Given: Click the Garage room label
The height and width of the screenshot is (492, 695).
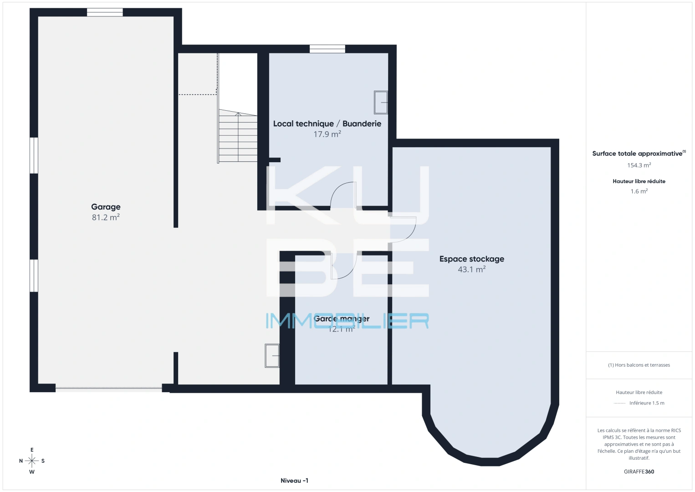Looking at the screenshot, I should [x=106, y=207].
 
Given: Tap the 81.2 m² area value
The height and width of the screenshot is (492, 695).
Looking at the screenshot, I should [x=106, y=217].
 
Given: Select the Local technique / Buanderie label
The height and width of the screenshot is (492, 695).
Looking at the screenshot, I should [x=327, y=123].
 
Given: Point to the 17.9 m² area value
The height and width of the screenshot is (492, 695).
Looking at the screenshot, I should [x=327, y=134].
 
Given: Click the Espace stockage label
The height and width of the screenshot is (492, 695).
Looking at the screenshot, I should [x=471, y=259].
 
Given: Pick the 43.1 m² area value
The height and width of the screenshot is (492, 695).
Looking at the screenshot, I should [x=471, y=269].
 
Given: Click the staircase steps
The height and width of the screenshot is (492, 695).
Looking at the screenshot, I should [x=238, y=137].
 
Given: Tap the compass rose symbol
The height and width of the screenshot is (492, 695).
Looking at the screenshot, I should [x=32, y=461].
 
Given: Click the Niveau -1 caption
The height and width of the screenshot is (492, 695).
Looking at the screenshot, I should [x=294, y=481].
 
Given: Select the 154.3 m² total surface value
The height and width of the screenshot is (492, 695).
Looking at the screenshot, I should [x=639, y=165].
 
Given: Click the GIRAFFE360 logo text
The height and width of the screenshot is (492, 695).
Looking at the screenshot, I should [x=639, y=471].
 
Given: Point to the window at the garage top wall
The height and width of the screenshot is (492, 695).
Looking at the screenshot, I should [x=105, y=12].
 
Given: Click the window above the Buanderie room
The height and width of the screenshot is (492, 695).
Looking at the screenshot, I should [x=327, y=49].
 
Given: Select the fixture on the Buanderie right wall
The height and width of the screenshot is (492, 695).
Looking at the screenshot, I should [x=381, y=102].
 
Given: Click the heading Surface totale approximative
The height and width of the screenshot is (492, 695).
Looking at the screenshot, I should [x=638, y=154].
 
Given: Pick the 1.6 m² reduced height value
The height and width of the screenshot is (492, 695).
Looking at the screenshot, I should [x=639, y=191].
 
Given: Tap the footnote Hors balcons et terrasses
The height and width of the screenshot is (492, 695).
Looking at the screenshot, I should [x=639, y=365].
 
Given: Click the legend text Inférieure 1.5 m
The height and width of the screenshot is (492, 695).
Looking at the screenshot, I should [x=646, y=403].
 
